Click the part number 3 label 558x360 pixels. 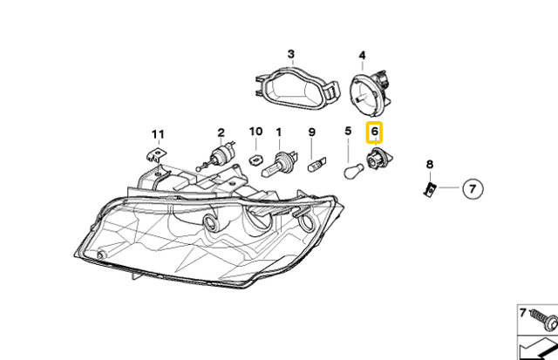pyautogui.click(x=291, y=54)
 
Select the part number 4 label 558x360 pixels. pyautogui.click(x=363, y=54)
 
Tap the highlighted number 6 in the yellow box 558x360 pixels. pyautogui.click(x=375, y=133)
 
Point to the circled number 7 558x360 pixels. pyautogui.click(x=472, y=187)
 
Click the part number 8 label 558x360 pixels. pyautogui.click(x=429, y=165)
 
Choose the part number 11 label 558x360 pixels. pyautogui.click(x=157, y=133)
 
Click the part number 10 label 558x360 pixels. pyautogui.click(x=255, y=132)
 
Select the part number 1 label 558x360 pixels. pyautogui.click(x=279, y=132)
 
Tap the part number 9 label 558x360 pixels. pyautogui.click(x=311, y=132)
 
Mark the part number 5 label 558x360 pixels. pyautogui.click(x=348, y=132)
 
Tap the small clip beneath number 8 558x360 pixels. pyautogui.click(x=429, y=187)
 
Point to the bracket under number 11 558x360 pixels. pyautogui.click(x=154, y=156)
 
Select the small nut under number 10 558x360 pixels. pyautogui.click(x=256, y=160)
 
